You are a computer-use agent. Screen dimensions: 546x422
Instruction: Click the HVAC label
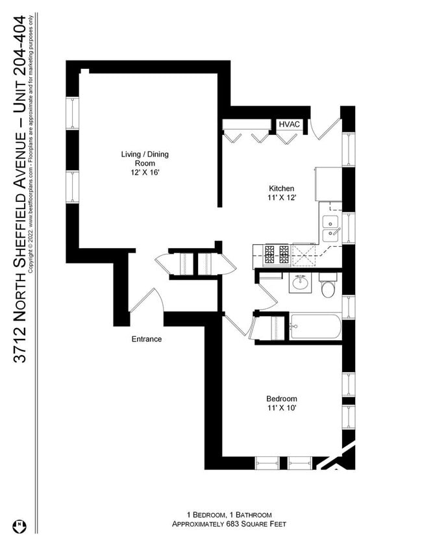tap(288, 124)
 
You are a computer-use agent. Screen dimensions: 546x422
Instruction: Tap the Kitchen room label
tap(281, 188)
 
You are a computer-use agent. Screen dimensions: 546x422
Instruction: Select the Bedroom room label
tap(281, 399)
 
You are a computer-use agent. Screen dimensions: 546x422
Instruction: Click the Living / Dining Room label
tap(144, 158)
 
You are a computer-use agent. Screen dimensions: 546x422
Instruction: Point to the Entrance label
tap(147, 339)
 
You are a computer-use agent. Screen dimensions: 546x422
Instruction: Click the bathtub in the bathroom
tap(316, 327)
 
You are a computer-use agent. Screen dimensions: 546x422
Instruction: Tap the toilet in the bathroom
tap(328, 286)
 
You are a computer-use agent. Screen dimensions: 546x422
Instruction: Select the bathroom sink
tap(300, 283)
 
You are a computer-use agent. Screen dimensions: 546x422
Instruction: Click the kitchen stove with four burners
tap(277, 254)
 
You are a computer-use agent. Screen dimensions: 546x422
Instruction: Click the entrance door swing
tap(143, 300)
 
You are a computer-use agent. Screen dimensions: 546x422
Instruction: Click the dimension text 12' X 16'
tap(144, 173)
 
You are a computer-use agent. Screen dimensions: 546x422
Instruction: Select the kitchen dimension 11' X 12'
tap(281, 197)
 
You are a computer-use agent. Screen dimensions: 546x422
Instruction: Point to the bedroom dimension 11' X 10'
tap(281, 408)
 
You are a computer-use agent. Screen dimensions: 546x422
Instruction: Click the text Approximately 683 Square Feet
tap(229, 524)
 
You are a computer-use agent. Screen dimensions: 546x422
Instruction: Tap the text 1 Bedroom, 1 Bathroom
tap(229, 514)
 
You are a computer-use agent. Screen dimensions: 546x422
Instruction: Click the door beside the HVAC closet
tap(325, 127)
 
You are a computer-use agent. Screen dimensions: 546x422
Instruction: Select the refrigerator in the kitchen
tap(328, 184)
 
